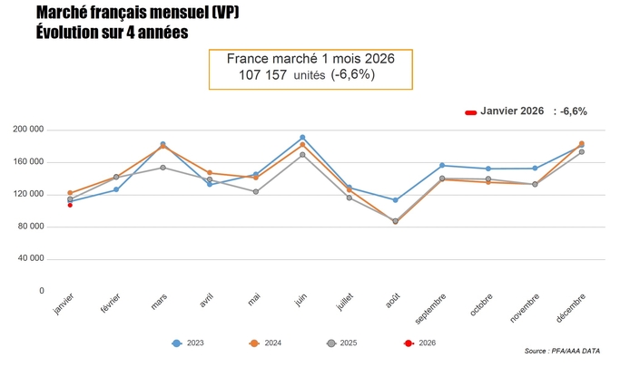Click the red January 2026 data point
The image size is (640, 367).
[x=70, y=205]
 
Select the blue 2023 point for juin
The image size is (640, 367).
[x=302, y=138]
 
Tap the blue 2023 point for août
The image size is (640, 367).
[x=395, y=200]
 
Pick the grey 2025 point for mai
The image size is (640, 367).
[x=256, y=191]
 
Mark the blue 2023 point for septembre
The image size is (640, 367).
[x=442, y=165]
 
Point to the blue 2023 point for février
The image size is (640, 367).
[x=116, y=189]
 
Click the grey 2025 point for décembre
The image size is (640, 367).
[x=581, y=151]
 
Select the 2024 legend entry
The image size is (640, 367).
[x=267, y=343]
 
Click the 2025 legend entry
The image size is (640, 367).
[x=346, y=343]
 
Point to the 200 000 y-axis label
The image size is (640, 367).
[x=30, y=130]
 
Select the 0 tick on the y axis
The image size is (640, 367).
[x=41, y=291]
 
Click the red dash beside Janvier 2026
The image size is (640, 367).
[x=471, y=112]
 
